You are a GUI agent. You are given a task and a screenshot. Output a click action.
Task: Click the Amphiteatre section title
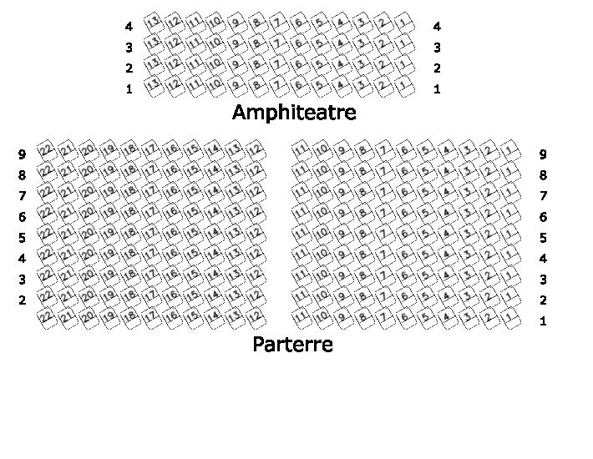coord(294,113)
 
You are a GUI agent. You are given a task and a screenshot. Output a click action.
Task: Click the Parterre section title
coord(292,344)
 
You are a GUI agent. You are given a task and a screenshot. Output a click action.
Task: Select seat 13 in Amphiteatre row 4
coord(153,22)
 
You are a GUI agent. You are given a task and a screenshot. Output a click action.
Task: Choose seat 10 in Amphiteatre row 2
coord(215,63)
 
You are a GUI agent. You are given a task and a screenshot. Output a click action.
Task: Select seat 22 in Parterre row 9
coord(47,149)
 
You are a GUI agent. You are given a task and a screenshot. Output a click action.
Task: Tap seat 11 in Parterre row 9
coord(301,149)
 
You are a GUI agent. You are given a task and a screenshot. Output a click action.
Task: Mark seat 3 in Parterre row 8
coord(468,170)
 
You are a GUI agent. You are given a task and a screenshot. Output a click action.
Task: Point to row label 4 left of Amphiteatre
coord(129,27)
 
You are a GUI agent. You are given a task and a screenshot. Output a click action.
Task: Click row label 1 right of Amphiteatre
coord(437,89)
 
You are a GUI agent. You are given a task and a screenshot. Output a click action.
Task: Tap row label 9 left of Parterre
coord(23,154)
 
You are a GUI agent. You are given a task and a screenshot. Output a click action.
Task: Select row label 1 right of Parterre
coord(543,321)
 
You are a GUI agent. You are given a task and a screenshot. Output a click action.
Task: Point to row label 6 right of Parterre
coord(543,217)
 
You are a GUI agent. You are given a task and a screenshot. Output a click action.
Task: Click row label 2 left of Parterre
coord(23,300)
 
